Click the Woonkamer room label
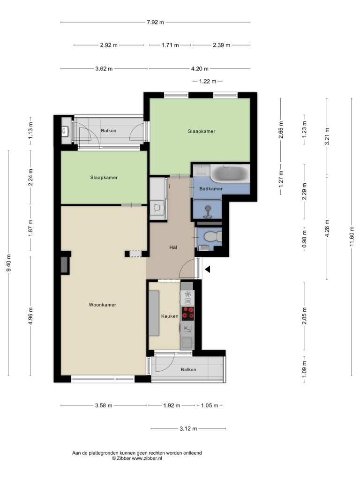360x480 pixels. (102, 305)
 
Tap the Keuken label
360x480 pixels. (170, 316)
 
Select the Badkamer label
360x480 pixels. (211, 188)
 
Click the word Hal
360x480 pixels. (173, 247)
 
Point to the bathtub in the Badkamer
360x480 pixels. (230, 173)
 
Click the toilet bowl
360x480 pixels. (212, 237)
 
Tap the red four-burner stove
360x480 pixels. (187, 314)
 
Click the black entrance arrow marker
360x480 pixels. (208, 270)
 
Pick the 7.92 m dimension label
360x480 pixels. (155, 22)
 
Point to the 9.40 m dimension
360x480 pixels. (8, 262)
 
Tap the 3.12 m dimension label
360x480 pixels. (188, 428)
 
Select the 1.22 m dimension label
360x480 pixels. (208, 81)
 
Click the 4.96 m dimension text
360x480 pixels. (30, 315)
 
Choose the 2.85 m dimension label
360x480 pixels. (304, 315)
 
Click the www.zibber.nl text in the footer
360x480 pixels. (147, 458)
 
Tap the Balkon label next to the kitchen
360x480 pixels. (188, 369)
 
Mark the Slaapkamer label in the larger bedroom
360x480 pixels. (202, 131)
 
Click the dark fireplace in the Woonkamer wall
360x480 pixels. (65, 265)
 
